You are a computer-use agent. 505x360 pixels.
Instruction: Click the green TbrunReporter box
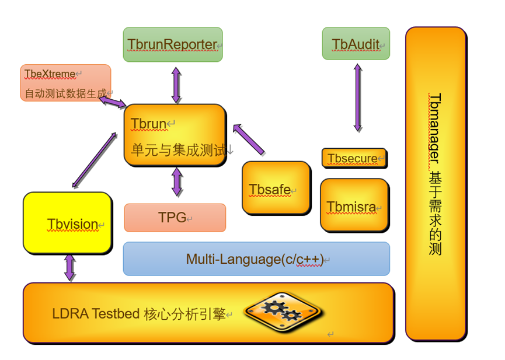(173, 44)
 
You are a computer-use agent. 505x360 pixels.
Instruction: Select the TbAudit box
(356, 44)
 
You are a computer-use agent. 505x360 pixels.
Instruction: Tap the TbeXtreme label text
(50, 74)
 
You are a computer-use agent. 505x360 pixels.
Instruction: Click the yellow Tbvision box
(68, 223)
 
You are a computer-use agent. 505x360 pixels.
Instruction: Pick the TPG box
(175, 218)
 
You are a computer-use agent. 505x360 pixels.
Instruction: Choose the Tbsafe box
(276, 188)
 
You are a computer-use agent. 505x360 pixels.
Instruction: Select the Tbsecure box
(354, 158)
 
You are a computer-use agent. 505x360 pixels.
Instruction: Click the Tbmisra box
(354, 205)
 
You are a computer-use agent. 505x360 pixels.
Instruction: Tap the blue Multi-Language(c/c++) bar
(256, 259)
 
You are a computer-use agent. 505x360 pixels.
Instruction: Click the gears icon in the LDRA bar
(283, 312)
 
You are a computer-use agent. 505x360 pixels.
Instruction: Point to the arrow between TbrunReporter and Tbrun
(176, 85)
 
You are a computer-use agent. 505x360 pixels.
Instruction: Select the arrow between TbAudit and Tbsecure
(358, 98)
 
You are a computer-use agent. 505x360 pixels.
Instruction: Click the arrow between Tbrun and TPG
(177, 182)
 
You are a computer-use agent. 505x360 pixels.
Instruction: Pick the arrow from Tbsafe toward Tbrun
(249, 139)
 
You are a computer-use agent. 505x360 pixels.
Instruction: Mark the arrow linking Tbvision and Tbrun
(94, 160)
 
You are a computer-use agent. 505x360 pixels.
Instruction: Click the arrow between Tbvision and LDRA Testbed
(70, 268)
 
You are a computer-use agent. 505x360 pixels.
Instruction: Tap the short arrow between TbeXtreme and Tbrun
(113, 102)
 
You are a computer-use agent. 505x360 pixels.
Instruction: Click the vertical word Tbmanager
(434, 128)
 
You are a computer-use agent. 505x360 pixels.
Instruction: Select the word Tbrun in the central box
(148, 124)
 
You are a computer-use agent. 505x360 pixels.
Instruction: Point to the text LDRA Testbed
(96, 314)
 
